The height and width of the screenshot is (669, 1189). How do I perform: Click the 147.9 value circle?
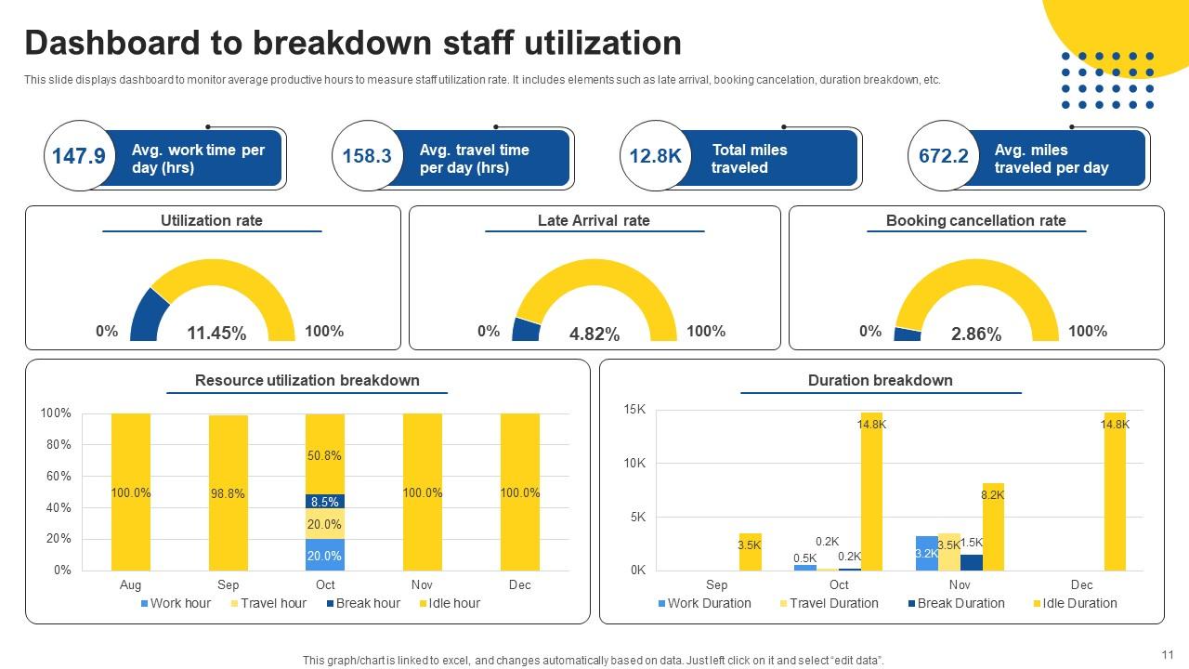[79, 156]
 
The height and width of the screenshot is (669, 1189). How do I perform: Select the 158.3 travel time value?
[367, 156]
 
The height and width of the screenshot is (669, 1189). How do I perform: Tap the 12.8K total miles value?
[655, 156]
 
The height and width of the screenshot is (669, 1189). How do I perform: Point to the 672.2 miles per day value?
[943, 156]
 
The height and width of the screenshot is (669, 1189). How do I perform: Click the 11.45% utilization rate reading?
[216, 334]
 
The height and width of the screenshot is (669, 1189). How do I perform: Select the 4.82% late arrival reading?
[594, 334]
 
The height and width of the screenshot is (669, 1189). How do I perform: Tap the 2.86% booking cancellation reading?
[976, 334]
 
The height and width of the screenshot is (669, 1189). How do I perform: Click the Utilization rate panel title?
[212, 221]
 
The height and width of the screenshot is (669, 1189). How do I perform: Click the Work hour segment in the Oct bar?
[325, 555]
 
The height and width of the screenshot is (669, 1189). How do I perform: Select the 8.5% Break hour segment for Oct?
[325, 502]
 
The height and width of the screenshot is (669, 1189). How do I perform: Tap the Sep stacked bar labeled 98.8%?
[229, 493]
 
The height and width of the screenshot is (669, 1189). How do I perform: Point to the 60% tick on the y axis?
[57, 477]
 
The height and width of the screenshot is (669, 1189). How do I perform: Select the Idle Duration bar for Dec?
[1114, 492]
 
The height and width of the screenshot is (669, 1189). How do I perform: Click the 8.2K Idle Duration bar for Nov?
[992, 528]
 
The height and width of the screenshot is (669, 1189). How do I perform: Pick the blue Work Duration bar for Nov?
[926, 554]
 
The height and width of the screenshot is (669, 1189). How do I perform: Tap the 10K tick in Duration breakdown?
[635, 463]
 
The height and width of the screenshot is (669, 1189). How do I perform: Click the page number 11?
[1168, 653]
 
